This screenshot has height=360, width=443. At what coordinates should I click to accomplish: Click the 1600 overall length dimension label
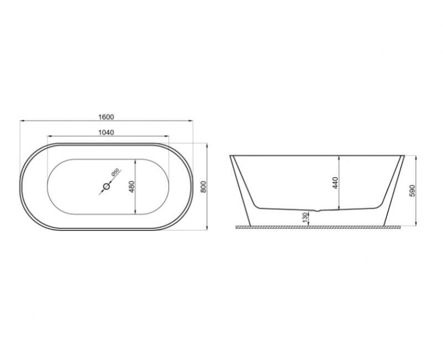point(106,116)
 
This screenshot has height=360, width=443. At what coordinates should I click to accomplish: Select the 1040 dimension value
point(106,132)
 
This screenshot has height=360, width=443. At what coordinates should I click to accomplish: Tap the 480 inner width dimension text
point(131,187)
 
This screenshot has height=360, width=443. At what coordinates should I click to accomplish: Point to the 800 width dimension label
point(203,187)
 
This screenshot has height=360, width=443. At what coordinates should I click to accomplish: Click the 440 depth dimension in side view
point(334,183)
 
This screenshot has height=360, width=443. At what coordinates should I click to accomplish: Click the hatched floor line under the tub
point(318,228)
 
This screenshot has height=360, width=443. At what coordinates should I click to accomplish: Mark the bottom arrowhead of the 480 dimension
point(136,213)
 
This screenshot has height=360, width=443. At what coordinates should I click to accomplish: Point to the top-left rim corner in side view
point(230,156)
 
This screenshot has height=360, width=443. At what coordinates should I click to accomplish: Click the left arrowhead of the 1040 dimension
point(49,136)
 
